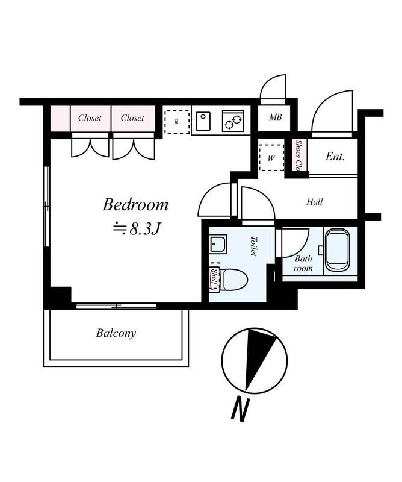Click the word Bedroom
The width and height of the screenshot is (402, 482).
click(x=135, y=205)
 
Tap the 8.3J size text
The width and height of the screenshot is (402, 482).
click(x=145, y=228)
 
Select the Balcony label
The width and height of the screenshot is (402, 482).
click(x=116, y=333)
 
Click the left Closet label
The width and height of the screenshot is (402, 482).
click(x=90, y=118)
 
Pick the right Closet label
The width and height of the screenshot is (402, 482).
click(x=132, y=118)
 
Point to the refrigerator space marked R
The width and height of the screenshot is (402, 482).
click(x=177, y=122)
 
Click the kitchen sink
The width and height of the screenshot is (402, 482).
click(x=203, y=121)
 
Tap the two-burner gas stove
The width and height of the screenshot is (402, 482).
click(x=233, y=121)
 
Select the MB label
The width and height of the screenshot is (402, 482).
click(x=276, y=117)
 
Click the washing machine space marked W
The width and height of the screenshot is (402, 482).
click(x=271, y=158)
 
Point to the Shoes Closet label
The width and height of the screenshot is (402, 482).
click(x=298, y=155)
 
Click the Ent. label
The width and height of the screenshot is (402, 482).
click(x=335, y=157)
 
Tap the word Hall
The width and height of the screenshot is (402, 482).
click(x=315, y=202)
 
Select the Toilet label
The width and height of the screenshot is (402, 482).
click(x=253, y=246)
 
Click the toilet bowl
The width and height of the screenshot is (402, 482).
click(x=235, y=280)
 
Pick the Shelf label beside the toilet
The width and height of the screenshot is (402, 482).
click(x=214, y=280)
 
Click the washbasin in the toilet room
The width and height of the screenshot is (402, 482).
click(x=218, y=245)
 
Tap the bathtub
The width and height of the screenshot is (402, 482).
click(x=337, y=249)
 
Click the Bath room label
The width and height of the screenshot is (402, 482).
click(x=303, y=263)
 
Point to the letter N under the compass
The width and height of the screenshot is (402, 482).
click(x=240, y=410)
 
